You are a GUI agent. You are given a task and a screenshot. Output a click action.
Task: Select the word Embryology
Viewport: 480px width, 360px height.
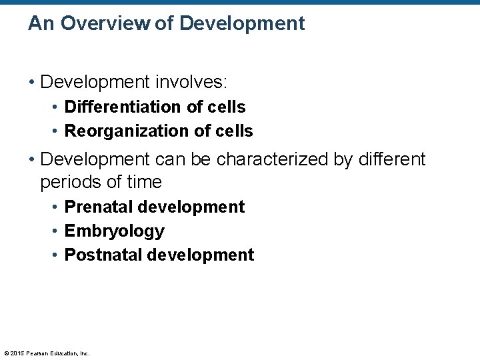pyautogui.click(x=114, y=231)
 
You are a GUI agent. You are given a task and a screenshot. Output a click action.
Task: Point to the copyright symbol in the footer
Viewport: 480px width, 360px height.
pyautogui.click(x=7, y=353)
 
